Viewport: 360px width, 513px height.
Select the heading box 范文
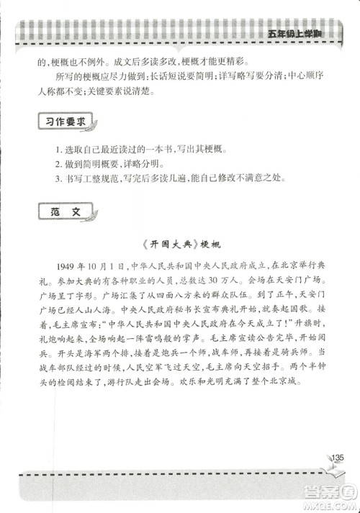pyautogui.click(x=64, y=214)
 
